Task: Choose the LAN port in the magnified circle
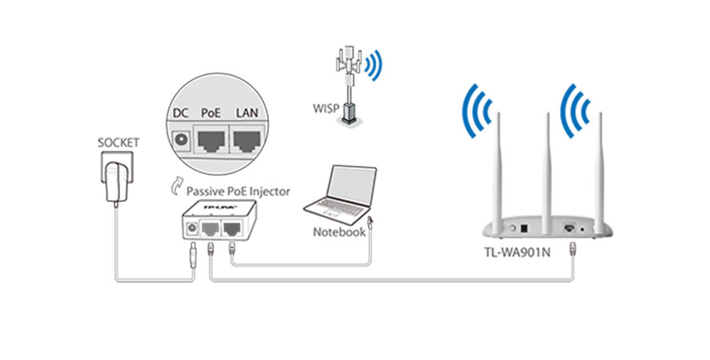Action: coord(248,140)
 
